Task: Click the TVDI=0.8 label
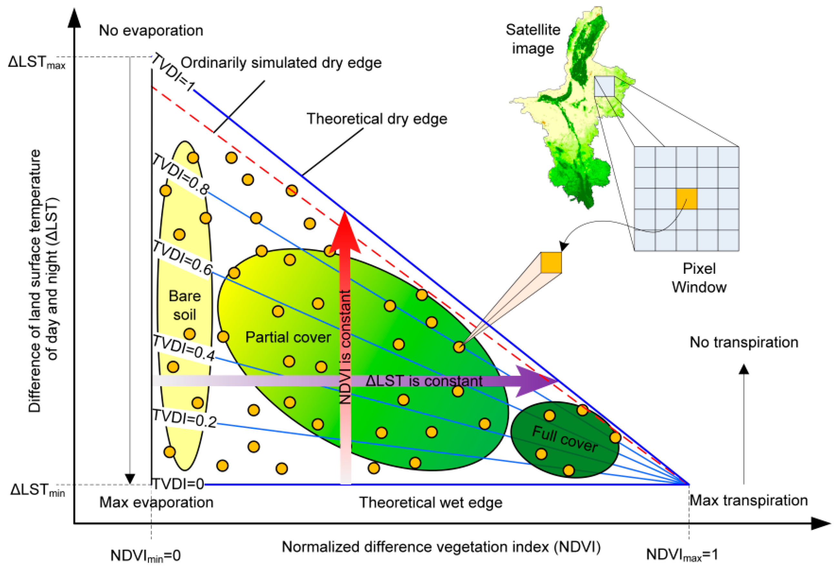(x=180, y=175)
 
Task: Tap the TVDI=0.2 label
(x=184, y=419)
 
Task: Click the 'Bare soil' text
(x=185, y=305)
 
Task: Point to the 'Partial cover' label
(x=288, y=337)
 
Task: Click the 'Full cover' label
(x=565, y=439)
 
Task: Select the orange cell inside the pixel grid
(x=686, y=199)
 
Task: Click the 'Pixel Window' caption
(x=699, y=278)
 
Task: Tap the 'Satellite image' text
(x=533, y=39)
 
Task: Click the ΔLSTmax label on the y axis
(x=36, y=62)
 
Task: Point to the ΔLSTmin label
(x=37, y=490)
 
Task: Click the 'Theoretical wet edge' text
(x=431, y=502)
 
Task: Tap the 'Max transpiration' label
(x=749, y=501)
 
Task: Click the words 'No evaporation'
(x=151, y=31)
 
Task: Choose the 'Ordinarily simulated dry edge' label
(x=281, y=63)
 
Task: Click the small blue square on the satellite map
(x=604, y=86)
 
